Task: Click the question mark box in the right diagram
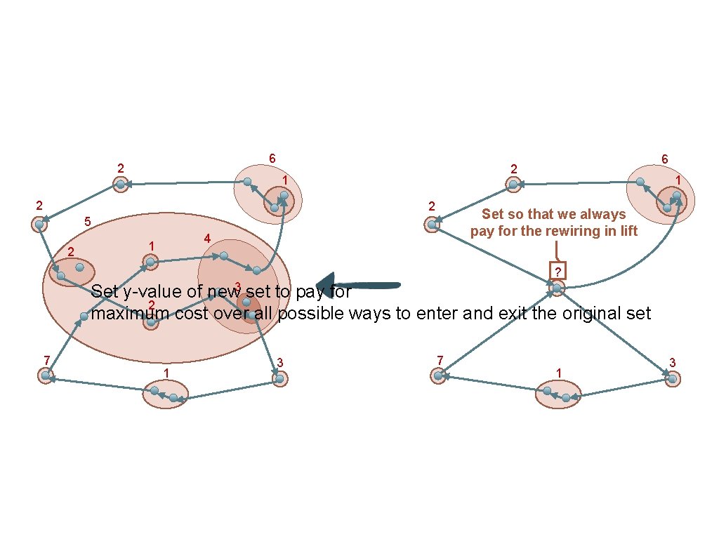click(x=557, y=272)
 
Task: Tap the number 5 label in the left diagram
click(x=87, y=222)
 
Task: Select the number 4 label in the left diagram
click(x=206, y=239)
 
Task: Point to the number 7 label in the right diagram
click(x=440, y=361)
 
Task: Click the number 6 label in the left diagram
click(x=271, y=159)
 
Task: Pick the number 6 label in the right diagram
click(x=664, y=159)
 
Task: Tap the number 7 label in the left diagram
click(x=46, y=361)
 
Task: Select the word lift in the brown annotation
click(x=628, y=230)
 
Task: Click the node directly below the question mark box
click(x=557, y=288)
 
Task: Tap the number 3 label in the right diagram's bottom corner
click(x=672, y=363)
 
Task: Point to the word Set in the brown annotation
click(x=493, y=214)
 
